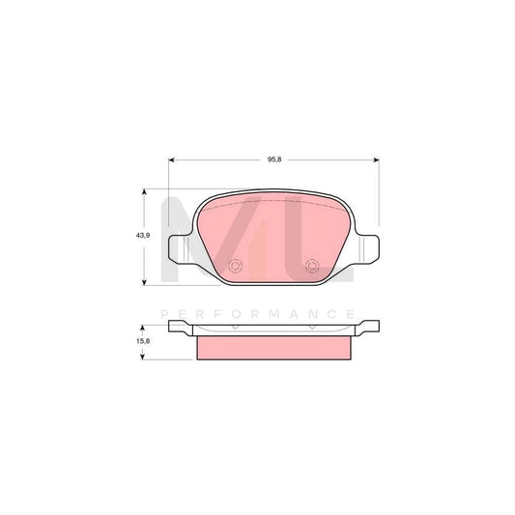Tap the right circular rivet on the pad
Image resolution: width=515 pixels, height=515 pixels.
point(311,269)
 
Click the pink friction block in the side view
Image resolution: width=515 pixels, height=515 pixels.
point(273,346)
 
